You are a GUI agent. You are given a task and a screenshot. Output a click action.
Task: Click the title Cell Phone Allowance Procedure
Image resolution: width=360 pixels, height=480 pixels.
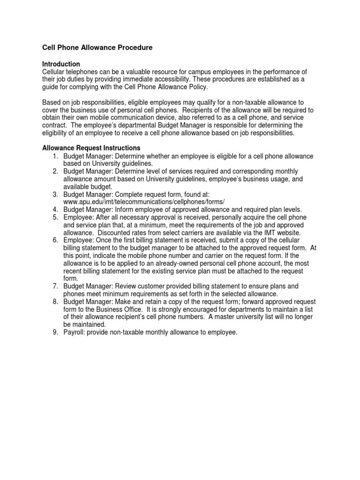point(97,48)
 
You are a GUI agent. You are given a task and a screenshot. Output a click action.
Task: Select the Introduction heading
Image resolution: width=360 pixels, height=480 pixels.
point(61,64)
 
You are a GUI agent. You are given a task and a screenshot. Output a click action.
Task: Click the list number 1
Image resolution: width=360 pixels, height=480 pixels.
point(54,156)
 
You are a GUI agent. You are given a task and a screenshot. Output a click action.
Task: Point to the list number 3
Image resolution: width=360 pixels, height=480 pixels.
point(54,194)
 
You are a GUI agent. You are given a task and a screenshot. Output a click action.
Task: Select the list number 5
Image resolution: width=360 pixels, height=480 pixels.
point(54,217)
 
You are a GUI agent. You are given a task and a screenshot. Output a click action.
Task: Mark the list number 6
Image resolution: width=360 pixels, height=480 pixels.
point(54,240)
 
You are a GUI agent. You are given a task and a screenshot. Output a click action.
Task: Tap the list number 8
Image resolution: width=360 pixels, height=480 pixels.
point(54,301)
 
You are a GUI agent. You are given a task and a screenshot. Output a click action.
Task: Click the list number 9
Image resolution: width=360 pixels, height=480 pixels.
point(54,332)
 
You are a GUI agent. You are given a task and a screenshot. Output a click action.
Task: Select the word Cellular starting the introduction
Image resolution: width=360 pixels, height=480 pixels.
point(55,71)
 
